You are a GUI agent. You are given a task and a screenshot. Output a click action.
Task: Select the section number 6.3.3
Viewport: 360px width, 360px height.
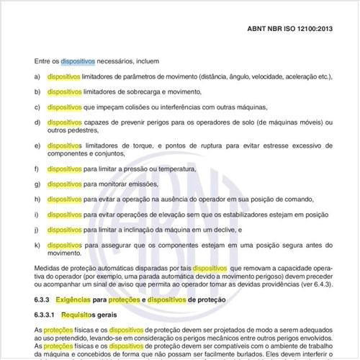point(45,299)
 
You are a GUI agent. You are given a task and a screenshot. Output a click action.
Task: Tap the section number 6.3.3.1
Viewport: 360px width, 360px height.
point(48,315)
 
